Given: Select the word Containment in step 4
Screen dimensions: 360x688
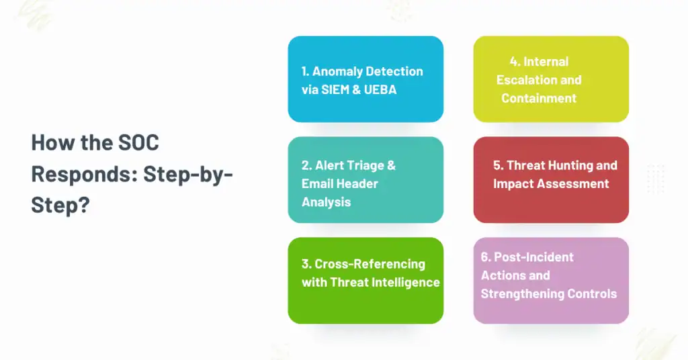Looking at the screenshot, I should tap(539, 98).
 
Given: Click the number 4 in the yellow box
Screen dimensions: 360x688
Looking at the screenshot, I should tap(514, 62).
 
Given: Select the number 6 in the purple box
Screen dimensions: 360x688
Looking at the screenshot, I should tap(485, 257).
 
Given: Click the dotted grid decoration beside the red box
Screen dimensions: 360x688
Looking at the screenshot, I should tap(655, 179).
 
